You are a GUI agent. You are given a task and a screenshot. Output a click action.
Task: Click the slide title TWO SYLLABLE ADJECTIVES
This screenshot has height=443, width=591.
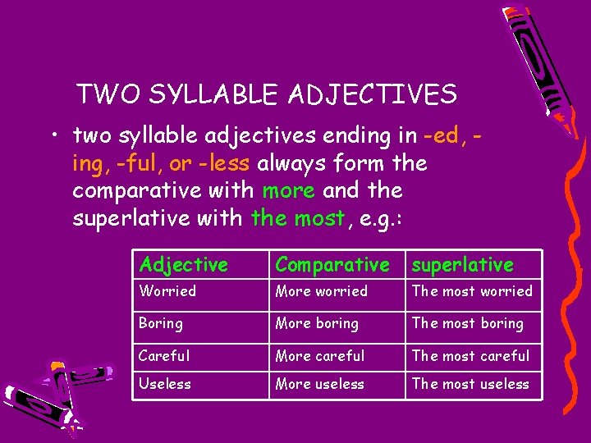pyautogui.click(x=266, y=94)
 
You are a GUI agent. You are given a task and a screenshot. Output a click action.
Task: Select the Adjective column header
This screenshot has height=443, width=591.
pyautogui.click(x=183, y=264)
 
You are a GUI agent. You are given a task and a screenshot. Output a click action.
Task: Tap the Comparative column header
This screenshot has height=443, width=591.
pyautogui.click(x=332, y=264)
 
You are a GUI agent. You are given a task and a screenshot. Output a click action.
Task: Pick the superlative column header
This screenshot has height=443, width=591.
pyautogui.click(x=462, y=264)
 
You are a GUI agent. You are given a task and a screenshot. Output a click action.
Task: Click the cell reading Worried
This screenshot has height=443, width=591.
pyautogui.click(x=167, y=291)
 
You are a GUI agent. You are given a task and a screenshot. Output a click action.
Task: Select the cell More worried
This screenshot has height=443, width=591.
pyautogui.click(x=322, y=291)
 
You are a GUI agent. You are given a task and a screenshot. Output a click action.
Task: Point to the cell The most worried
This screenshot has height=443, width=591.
pyautogui.click(x=472, y=291)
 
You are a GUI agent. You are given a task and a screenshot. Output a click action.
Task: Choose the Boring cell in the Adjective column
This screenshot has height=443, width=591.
pyautogui.click(x=161, y=323)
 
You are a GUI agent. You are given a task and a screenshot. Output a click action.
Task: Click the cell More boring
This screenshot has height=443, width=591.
pyautogui.click(x=317, y=323)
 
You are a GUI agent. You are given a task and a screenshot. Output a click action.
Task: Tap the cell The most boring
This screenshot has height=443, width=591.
pyautogui.click(x=467, y=323)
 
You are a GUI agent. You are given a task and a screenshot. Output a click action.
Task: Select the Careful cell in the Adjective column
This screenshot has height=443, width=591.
pyautogui.click(x=164, y=355)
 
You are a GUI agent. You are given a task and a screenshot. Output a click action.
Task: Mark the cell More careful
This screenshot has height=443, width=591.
pyautogui.click(x=320, y=355)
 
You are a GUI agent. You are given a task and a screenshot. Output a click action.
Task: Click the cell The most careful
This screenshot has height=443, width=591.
pyautogui.click(x=470, y=355)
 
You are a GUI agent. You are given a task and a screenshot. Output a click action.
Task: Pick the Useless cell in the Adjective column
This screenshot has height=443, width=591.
pyautogui.click(x=165, y=384)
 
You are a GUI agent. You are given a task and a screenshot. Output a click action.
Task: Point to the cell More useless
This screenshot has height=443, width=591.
pyautogui.click(x=320, y=384)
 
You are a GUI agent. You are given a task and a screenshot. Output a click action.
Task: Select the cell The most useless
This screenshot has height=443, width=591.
pyautogui.click(x=470, y=384)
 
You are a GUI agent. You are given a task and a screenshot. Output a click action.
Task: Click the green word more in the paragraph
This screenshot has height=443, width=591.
pyautogui.click(x=288, y=190)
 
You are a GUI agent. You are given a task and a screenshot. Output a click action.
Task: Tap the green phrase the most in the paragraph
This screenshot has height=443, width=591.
pyautogui.click(x=299, y=218)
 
